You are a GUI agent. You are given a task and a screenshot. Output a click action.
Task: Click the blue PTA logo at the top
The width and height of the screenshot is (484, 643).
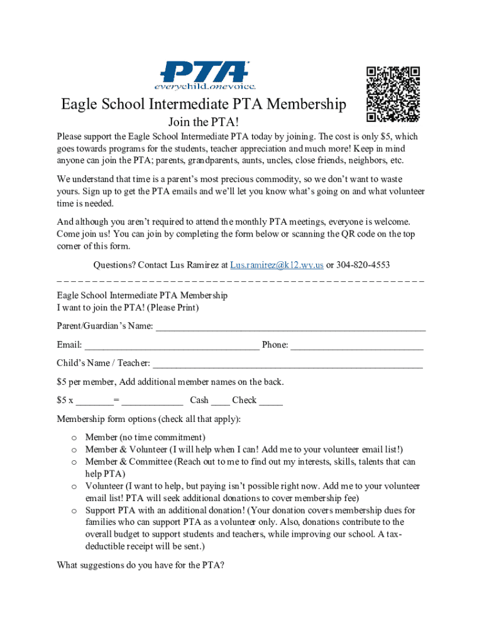205,70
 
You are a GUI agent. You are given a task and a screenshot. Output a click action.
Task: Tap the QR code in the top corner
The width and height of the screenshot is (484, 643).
393,94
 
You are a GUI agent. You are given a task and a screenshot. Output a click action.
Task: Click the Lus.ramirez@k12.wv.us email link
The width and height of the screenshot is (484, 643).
277,265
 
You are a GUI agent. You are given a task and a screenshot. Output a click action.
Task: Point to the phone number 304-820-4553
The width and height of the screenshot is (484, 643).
363,265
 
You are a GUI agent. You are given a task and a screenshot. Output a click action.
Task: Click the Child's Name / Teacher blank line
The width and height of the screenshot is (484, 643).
287,364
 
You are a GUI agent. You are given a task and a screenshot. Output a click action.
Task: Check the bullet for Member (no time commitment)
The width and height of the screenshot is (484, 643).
74,438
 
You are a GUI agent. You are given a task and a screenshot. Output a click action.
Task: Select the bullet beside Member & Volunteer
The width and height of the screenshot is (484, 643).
74,450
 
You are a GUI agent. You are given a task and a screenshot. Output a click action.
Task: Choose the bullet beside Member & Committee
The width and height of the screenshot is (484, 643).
74,462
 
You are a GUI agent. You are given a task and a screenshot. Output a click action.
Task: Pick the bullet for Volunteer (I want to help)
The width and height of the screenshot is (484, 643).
74,487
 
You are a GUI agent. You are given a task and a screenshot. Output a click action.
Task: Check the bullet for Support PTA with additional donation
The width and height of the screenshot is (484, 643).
74,511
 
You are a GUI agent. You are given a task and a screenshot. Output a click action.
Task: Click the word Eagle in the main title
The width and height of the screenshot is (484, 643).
80,104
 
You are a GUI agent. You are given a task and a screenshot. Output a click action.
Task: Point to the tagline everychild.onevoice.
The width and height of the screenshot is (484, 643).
205,85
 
